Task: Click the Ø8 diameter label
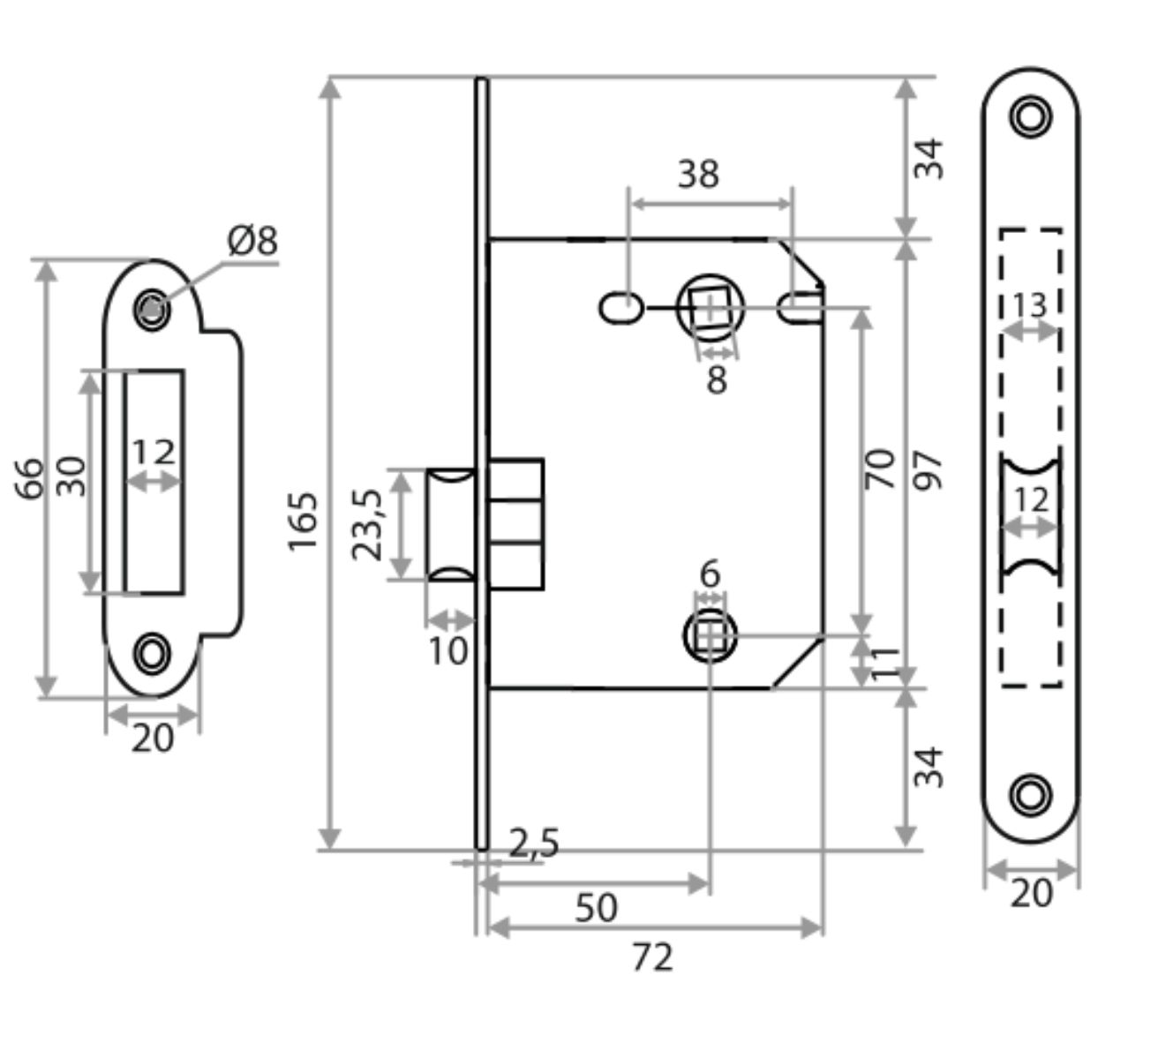[252, 240]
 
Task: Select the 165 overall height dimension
[303, 521]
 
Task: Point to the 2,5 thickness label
[534, 844]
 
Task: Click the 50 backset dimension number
[597, 907]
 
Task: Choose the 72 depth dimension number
[653, 957]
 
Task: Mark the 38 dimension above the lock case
[698, 175]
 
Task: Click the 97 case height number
[929, 471]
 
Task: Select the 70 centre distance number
[881, 468]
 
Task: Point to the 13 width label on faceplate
[1029, 305]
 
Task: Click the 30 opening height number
[74, 476]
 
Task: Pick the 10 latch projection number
[448, 651]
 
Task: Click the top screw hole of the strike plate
[153, 308]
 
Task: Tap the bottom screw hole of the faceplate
[1030, 792]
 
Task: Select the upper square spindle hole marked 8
[711, 308]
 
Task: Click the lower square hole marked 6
[709, 635]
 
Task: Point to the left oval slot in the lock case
[620, 308]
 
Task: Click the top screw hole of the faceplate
[1030, 116]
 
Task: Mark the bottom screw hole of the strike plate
[153, 653]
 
